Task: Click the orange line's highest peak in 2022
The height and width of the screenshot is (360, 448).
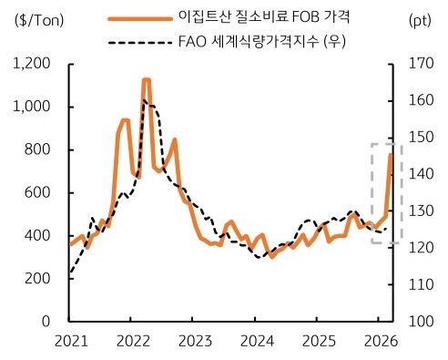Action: (146, 80)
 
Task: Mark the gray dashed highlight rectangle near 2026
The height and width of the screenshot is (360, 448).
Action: (386, 192)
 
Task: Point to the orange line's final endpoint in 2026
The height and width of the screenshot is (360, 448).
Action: (392, 155)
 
